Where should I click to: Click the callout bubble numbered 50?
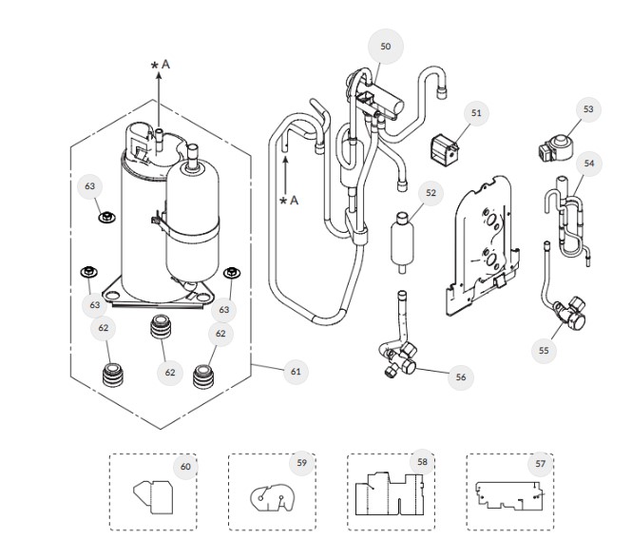[385, 46]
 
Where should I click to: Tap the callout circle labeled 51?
[476, 112]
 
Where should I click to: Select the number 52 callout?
[431, 193]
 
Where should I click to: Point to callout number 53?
[588, 109]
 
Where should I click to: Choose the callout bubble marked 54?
[589, 164]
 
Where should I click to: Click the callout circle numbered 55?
[544, 350]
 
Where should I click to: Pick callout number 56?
[461, 376]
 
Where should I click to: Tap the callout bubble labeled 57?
[541, 464]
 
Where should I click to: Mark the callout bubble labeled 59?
[301, 463]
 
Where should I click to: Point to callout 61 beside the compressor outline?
[295, 371]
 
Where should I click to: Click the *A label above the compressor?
[161, 64]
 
